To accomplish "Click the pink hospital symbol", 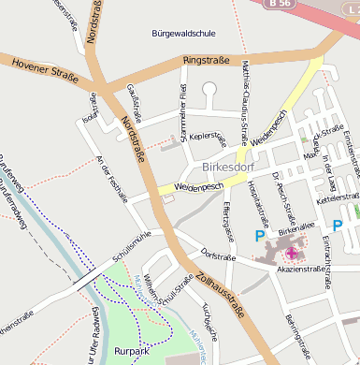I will [x=293, y=252].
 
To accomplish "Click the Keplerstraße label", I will [x=208, y=137].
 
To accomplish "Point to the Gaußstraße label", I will [x=133, y=103].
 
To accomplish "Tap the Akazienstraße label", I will [x=302, y=269].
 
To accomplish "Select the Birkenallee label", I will [x=297, y=227].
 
